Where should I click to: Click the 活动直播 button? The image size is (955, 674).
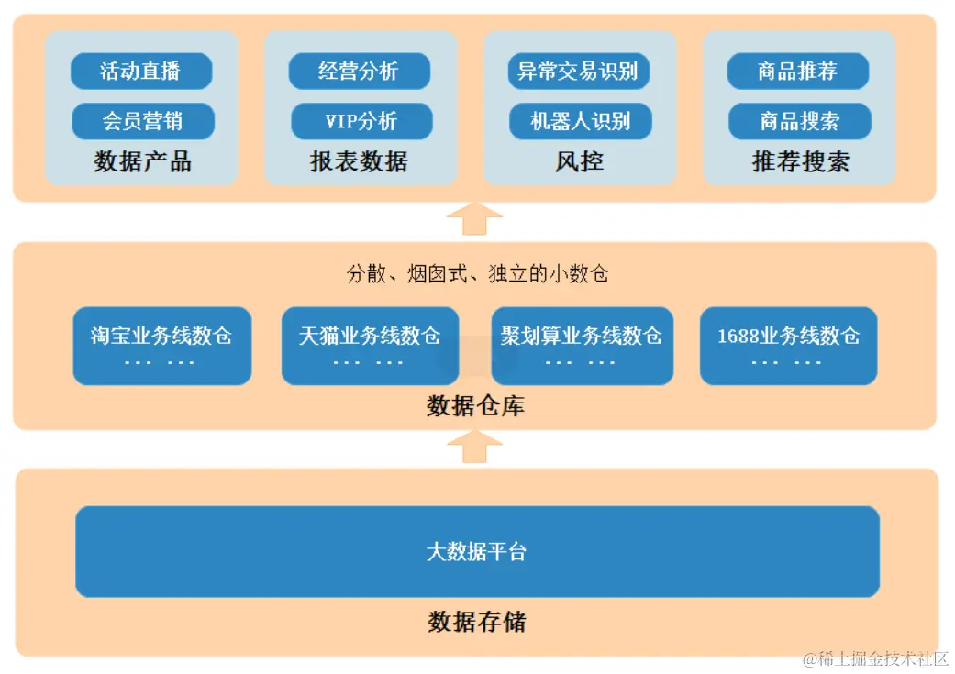coord(141,72)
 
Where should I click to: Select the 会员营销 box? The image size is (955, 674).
coord(142,121)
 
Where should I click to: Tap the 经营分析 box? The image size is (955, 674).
coord(359,72)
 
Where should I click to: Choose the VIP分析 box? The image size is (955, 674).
coord(361,121)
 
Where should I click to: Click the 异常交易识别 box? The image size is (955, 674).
coord(578,72)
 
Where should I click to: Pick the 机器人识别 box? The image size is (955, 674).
coord(580,121)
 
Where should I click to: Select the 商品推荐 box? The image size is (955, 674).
coord(797,72)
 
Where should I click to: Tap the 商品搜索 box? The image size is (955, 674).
coord(799,121)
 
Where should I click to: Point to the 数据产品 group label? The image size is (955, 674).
coord(142,162)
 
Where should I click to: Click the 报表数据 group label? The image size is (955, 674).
coord(359,162)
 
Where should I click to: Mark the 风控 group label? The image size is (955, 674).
coord(580,162)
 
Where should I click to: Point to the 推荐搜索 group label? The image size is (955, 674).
coord(800,162)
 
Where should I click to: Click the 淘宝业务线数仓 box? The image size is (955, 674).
coord(161,346)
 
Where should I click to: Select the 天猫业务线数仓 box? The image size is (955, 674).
coord(370,346)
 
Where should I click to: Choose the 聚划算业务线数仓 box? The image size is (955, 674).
coord(582,346)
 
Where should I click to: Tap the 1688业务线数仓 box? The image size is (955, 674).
coord(788,346)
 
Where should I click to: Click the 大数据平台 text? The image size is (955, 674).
coord(477,552)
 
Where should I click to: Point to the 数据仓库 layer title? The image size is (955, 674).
coord(475,406)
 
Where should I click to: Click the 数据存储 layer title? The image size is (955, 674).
coord(477,622)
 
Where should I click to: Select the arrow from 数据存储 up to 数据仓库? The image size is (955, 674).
coord(474,447)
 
